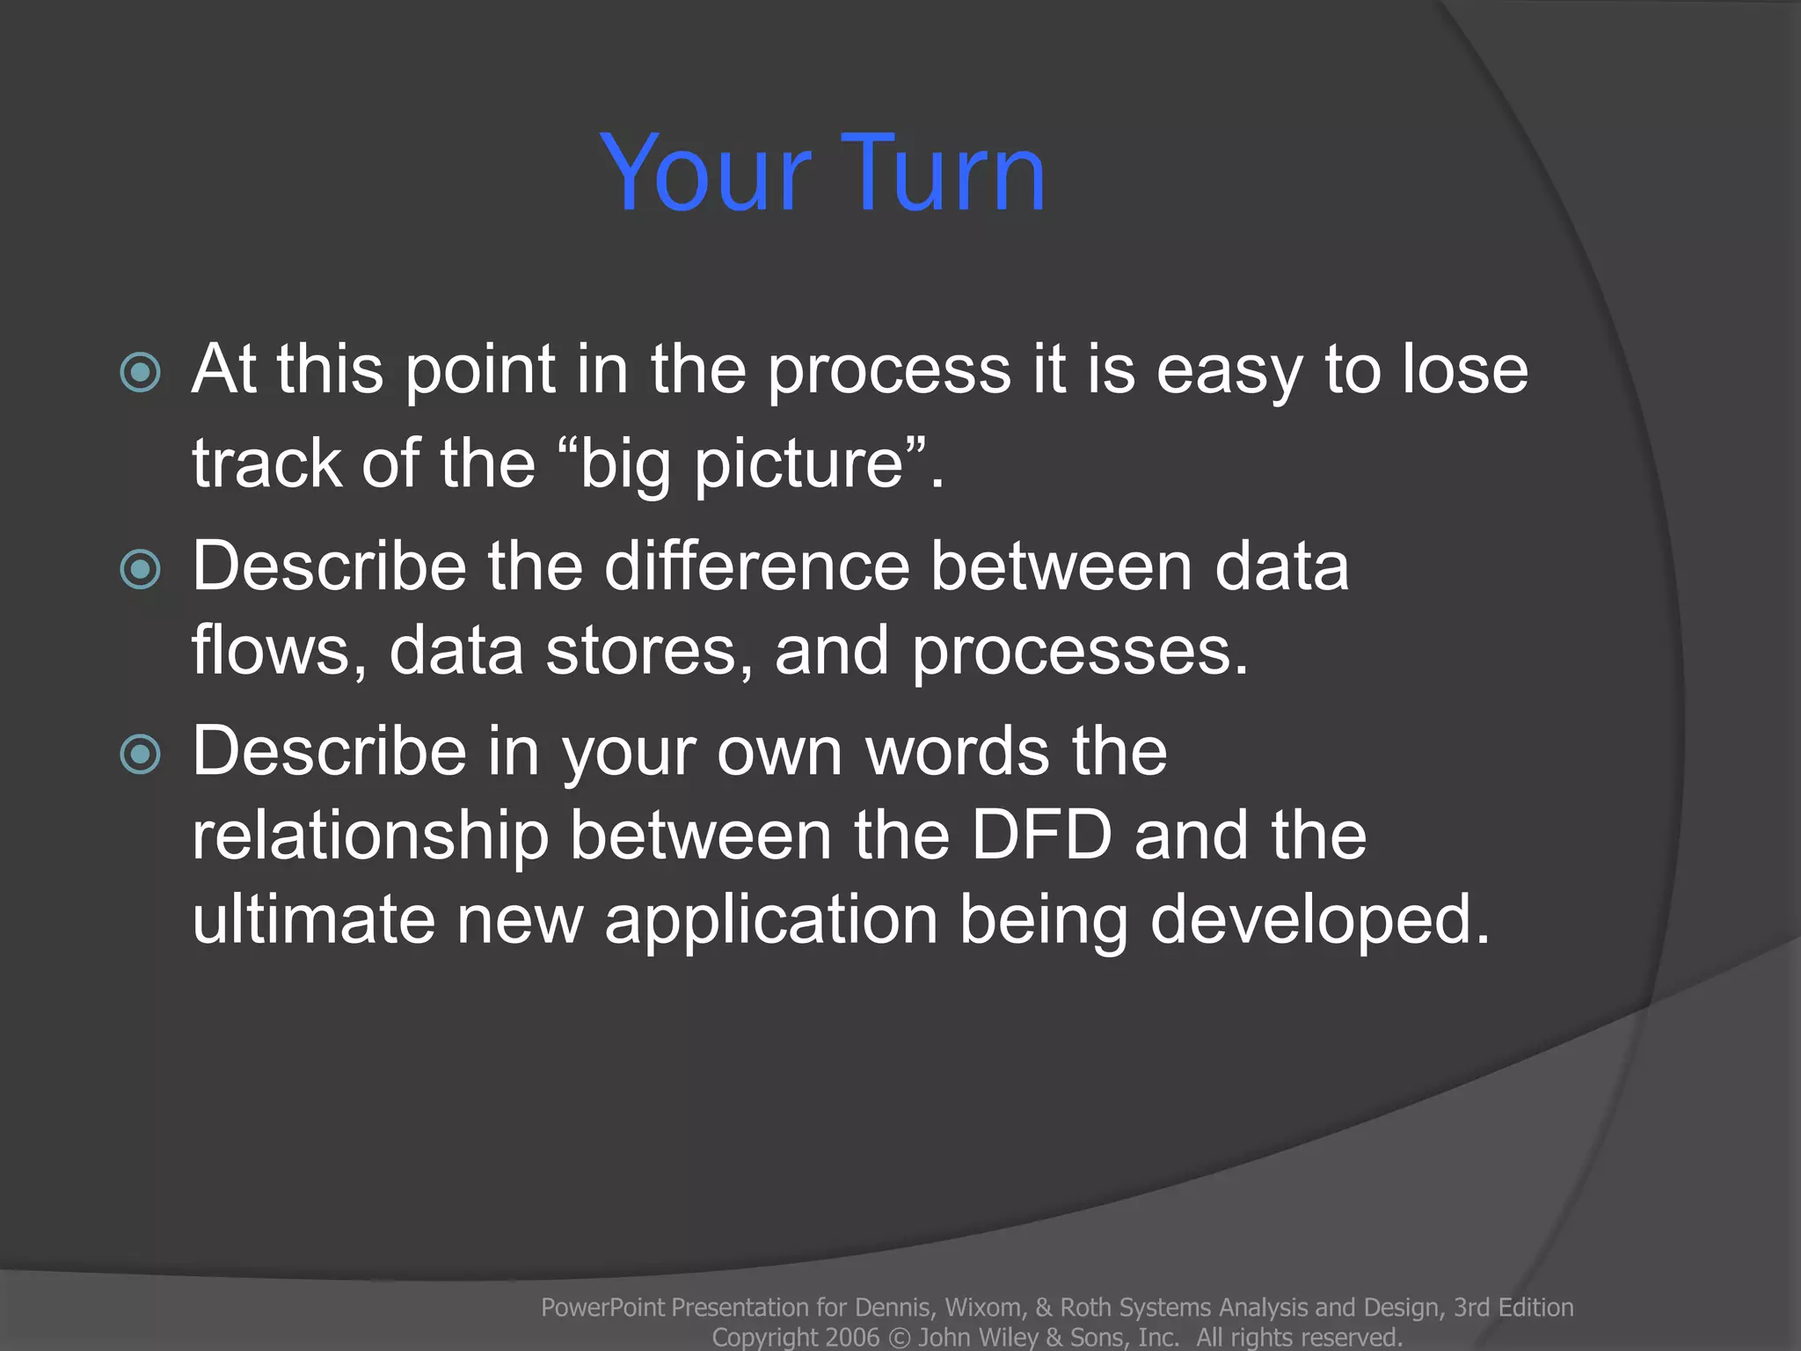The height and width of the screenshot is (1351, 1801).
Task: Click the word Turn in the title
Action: pos(946,173)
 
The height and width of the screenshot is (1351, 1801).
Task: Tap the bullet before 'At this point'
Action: pos(140,372)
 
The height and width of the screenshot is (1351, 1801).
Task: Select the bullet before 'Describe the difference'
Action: pos(140,569)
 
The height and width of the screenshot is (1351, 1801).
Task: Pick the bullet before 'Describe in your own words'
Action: pos(140,754)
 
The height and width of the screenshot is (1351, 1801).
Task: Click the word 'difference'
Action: pos(757,566)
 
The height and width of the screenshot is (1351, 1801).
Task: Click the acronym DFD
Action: pos(1041,836)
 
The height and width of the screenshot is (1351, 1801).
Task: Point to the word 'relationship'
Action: pos(370,837)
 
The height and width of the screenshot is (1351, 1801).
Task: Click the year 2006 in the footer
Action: pos(852,1337)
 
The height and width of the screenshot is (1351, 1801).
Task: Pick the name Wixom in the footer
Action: pos(984,1308)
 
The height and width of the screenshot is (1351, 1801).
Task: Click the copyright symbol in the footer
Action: pos(899,1338)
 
